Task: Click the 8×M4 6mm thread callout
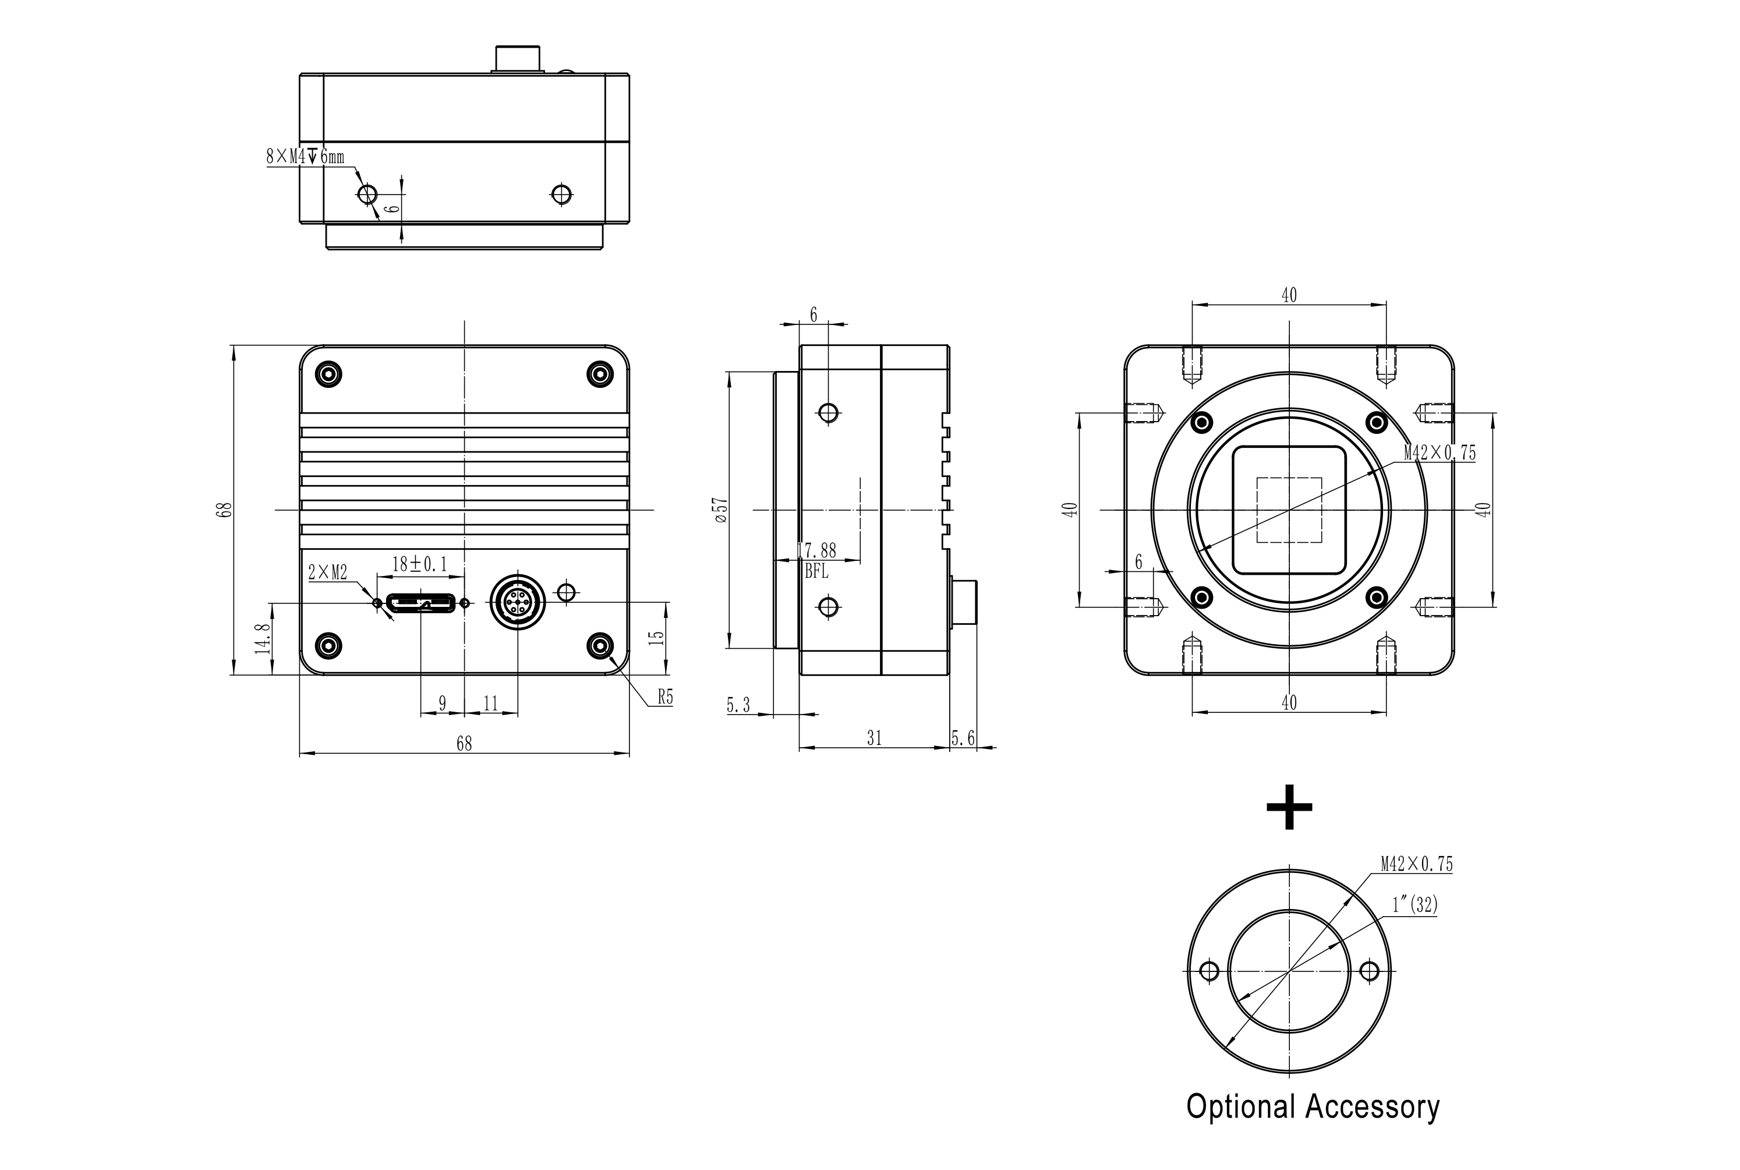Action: pyautogui.click(x=305, y=157)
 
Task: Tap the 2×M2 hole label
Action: pyautogui.click(x=327, y=572)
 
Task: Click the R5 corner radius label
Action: pyautogui.click(x=665, y=697)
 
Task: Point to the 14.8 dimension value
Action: pyautogui.click(x=263, y=639)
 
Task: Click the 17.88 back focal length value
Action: pyautogui.click(x=817, y=551)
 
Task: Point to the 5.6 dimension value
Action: pyautogui.click(x=963, y=738)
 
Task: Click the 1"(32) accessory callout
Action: pyautogui.click(x=1414, y=905)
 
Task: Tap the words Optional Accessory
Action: pyautogui.click(x=1313, y=1107)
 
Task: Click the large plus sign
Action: pyautogui.click(x=1289, y=807)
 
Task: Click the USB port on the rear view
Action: pyautogui.click(x=420, y=602)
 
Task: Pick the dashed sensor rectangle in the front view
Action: pyautogui.click(x=1289, y=510)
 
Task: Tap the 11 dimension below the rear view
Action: pyautogui.click(x=490, y=704)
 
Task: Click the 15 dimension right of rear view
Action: pyautogui.click(x=656, y=637)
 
